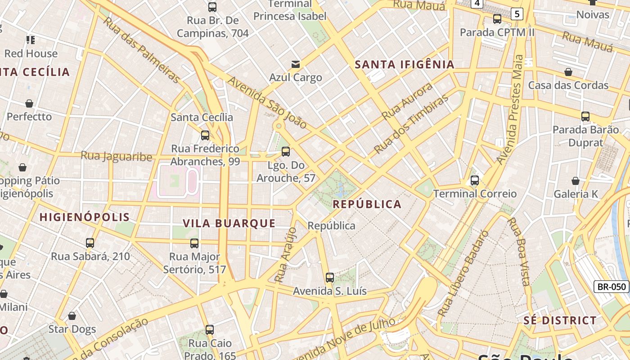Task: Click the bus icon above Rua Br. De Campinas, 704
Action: click(212, 7)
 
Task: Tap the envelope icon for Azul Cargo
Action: click(296, 64)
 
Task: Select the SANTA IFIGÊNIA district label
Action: click(405, 64)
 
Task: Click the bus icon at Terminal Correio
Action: click(475, 180)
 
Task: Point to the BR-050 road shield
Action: click(611, 287)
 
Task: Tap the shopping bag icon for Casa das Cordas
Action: click(568, 72)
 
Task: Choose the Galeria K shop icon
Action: click(576, 181)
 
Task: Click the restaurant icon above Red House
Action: click(31, 40)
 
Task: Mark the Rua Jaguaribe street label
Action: click(116, 156)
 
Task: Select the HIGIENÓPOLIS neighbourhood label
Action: click(85, 217)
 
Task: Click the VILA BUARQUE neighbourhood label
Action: click(229, 223)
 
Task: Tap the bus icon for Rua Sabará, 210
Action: click(90, 243)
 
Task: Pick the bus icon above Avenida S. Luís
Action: click(330, 278)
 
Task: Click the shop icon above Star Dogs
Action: click(72, 316)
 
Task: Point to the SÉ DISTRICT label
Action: click(560, 320)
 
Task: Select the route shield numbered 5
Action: click(517, 14)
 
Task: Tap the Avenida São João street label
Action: click(267, 103)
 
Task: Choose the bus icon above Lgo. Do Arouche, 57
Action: click(286, 152)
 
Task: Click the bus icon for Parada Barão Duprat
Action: click(585, 117)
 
